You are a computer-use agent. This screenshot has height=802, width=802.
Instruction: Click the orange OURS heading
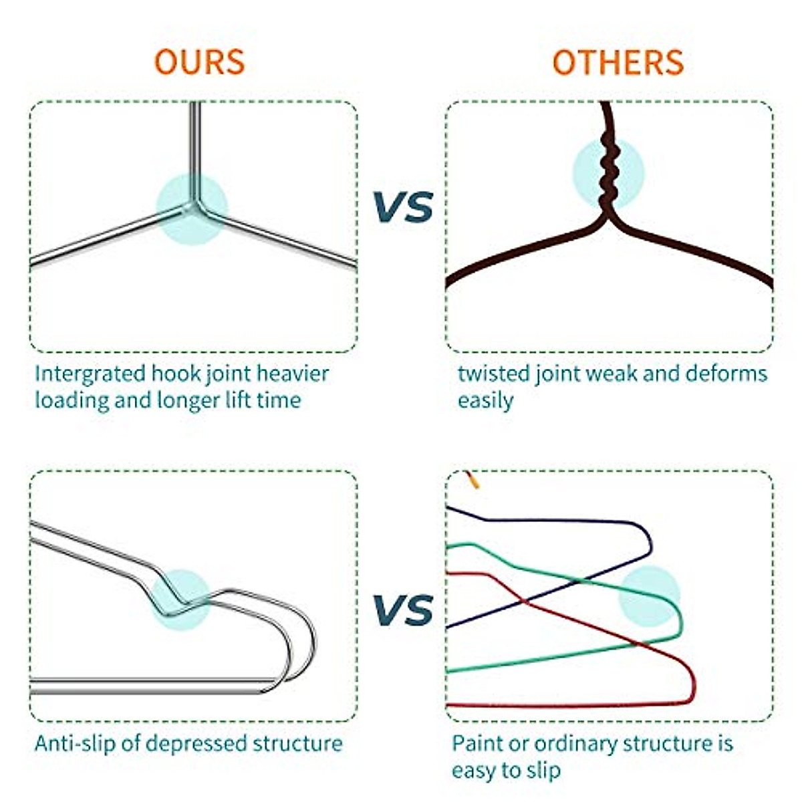[x=199, y=62]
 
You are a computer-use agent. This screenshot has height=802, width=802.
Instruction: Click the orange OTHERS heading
[x=618, y=62]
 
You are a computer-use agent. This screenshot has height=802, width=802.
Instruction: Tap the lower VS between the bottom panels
[x=402, y=610]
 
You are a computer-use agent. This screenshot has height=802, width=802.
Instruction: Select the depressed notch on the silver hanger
[x=175, y=599]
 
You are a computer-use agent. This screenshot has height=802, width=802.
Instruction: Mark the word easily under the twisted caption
[x=485, y=400]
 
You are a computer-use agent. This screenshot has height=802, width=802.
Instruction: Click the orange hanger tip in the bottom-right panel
[x=472, y=479]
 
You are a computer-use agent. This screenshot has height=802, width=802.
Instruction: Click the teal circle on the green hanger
[x=648, y=596]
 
